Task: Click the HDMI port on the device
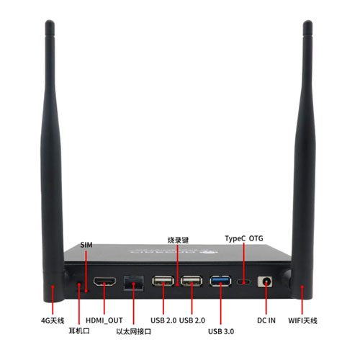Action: pyautogui.click(x=104, y=282)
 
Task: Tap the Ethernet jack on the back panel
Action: pyautogui.click(x=134, y=283)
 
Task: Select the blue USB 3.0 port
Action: pyautogui.click(x=220, y=281)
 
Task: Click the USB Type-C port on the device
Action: pyautogui.click(x=243, y=282)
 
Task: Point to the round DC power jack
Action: pyautogui.click(x=266, y=282)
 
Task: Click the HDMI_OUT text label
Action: pyautogui.click(x=104, y=320)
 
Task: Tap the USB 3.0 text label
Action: pyautogui.click(x=221, y=331)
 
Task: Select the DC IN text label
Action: pyautogui.click(x=266, y=320)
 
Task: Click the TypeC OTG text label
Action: pyautogui.click(x=244, y=238)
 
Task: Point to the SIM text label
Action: pyautogui.click(x=86, y=245)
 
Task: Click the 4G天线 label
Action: pyautogui.click(x=53, y=320)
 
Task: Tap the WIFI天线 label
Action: pyautogui.click(x=302, y=320)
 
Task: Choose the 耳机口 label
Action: pyautogui.click(x=79, y=331)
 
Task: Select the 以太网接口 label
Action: pyautogui.click(x=134, y=332)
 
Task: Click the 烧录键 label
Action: pyautogui.click(x=178, y=240)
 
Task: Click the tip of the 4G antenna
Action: pyautogui.click(x=50, y=21)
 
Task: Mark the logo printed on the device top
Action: pyautogui.click(x=174, y=251)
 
